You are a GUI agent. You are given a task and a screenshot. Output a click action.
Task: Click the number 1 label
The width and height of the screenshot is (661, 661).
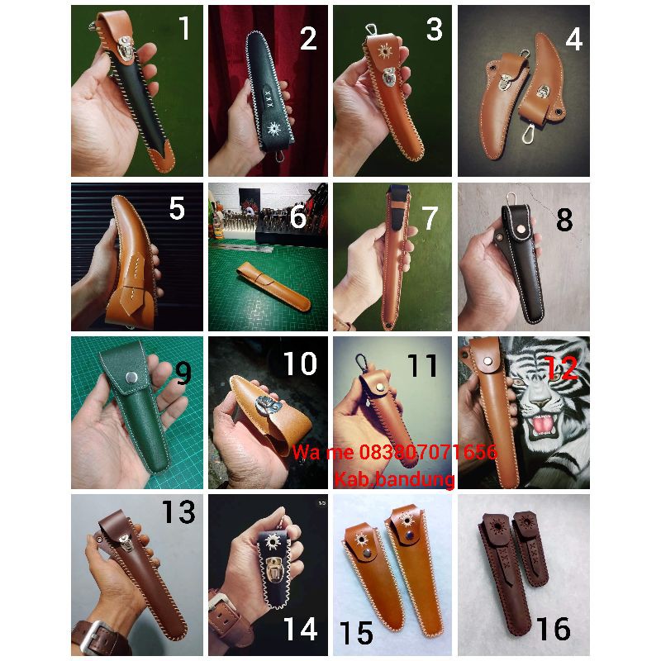coord(183,29)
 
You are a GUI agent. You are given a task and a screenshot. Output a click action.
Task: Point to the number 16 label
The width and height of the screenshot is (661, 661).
coord(552,630)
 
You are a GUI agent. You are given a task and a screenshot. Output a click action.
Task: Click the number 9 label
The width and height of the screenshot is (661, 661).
coord(183,374)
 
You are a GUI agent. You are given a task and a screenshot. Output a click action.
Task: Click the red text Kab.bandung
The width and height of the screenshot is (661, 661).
coord(394,478)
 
